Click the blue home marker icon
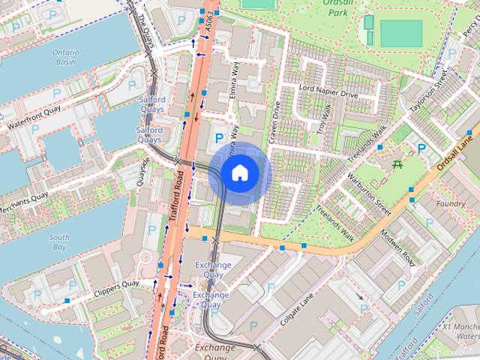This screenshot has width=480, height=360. [x=239, y=173]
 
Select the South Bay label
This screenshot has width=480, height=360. [x=60, y=241]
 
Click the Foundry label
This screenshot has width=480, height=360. [x=450, y=204]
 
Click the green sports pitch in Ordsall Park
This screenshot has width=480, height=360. [x=401, y=33]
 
